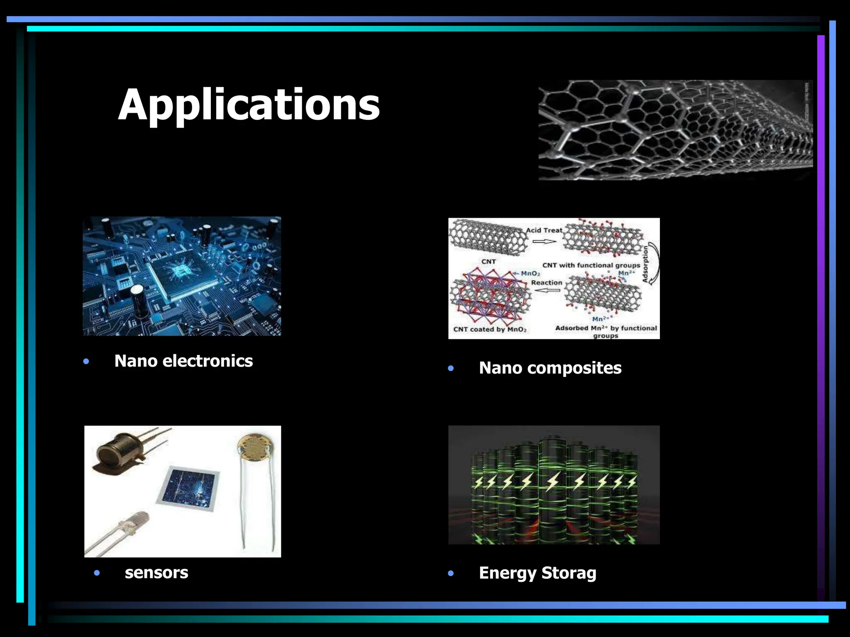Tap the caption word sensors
pos(156,573)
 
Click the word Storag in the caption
pos(569,573)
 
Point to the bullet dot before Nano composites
pos(451,368)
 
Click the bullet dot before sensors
pos(97,573)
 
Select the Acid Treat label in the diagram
pos(544,230)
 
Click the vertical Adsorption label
pos(645,264)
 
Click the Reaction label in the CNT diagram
pos(547,283)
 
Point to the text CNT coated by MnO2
pos(490,329)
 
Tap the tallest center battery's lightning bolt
pos(553,482)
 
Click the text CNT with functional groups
pos(591,265)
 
